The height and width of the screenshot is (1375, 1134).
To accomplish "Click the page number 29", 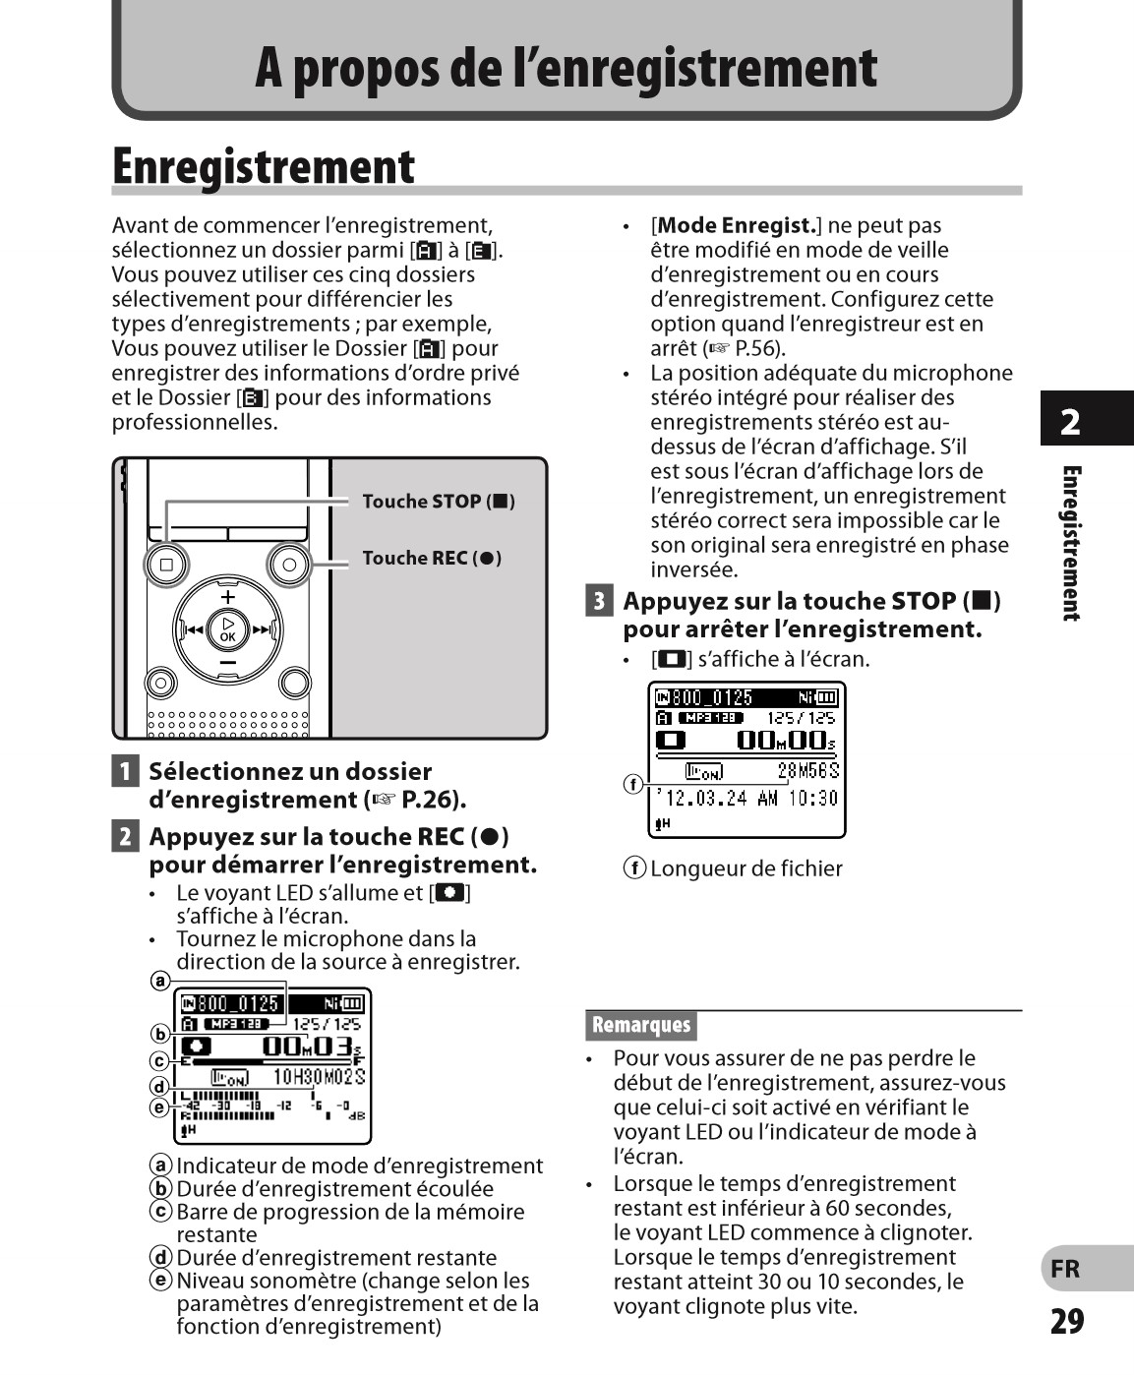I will pos(1066,1321).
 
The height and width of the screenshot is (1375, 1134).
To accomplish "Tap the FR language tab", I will pos(1065,1269).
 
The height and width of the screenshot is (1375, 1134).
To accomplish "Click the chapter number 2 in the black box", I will pos(1070,422).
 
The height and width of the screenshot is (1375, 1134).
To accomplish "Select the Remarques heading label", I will pos(641,1025).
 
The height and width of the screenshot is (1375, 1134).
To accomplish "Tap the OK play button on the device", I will pos(228,628).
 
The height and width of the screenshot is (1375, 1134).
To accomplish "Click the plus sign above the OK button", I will pos(228,596).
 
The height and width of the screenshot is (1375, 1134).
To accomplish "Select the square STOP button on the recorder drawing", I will pos(166,565).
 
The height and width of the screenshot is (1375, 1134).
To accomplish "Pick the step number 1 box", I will pos(125,771).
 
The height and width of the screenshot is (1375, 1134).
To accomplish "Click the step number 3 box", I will pos(599,600).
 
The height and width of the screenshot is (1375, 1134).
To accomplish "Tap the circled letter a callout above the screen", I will pos(159,981).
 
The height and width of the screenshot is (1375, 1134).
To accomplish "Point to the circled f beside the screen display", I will pos(633,784).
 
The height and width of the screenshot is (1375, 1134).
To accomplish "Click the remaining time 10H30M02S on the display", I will pos(318,1077).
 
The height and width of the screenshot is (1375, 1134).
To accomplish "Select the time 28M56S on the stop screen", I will pos(807,771).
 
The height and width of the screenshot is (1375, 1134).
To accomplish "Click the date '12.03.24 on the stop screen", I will pos(700,798).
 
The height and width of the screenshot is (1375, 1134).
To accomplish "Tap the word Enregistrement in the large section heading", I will pos(264,167).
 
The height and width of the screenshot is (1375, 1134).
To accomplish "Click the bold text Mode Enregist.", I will pos(737,226).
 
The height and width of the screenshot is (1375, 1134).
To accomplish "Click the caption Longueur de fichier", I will pos(746,868).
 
